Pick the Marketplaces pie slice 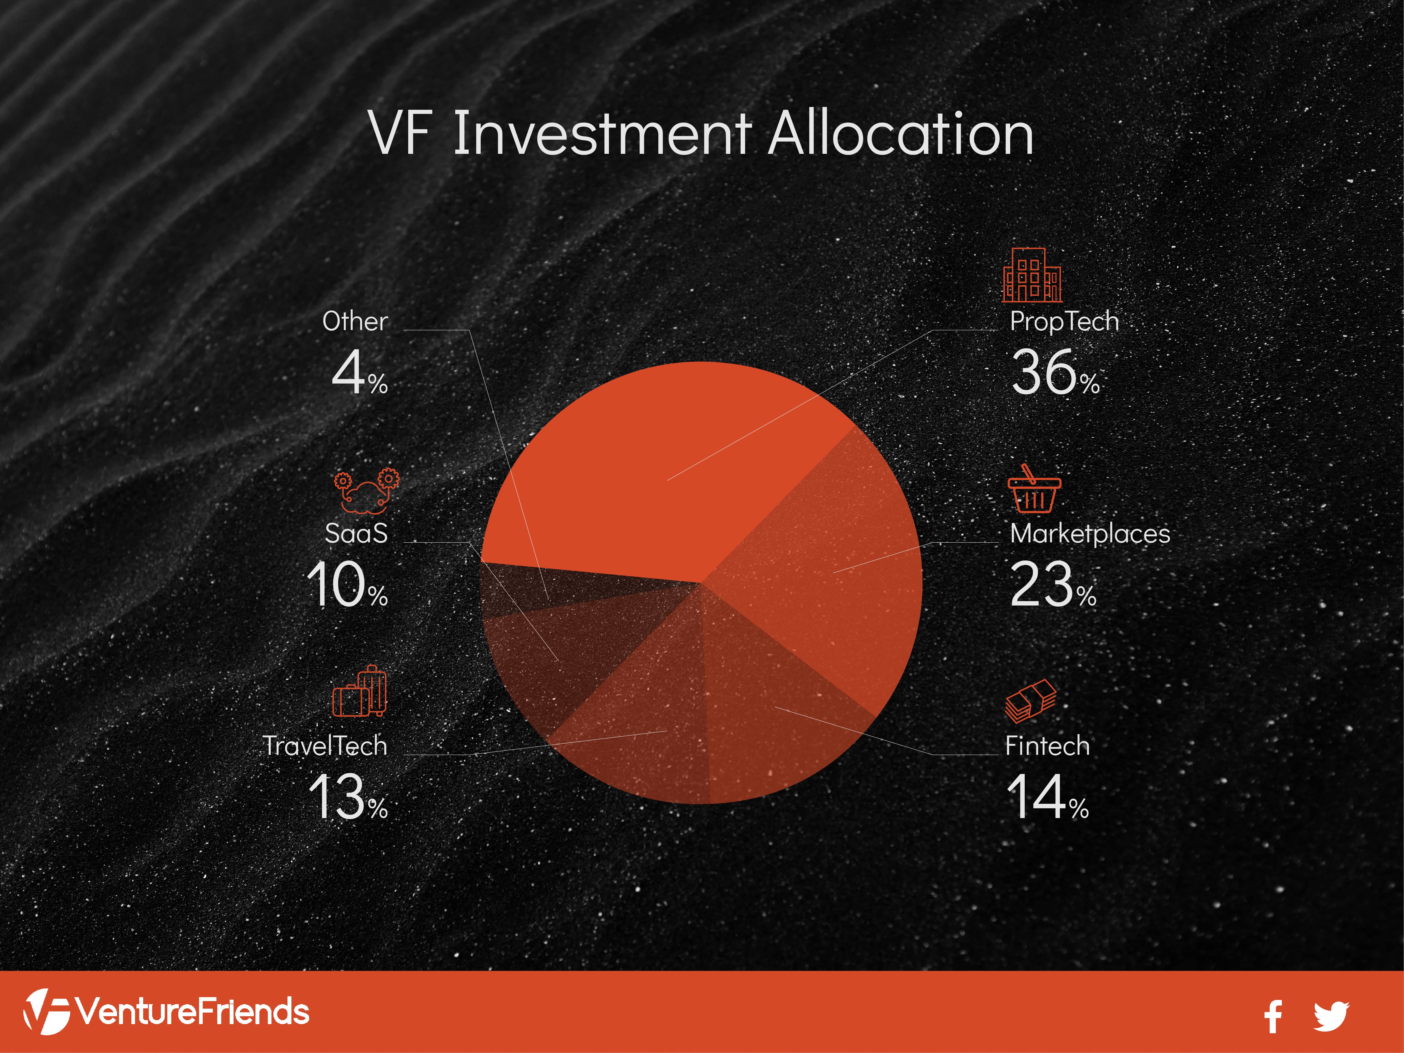click(825, 571)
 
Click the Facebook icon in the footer click(1273, 1016)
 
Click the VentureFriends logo click(166, 1011)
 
